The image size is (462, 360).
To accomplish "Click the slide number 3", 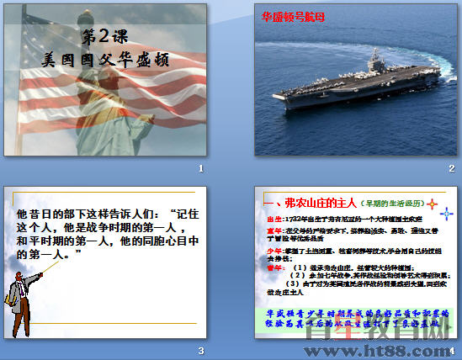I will (200, 350).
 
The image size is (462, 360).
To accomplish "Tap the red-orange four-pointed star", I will (432, 204).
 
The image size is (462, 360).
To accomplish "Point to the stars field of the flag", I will (34, 34).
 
